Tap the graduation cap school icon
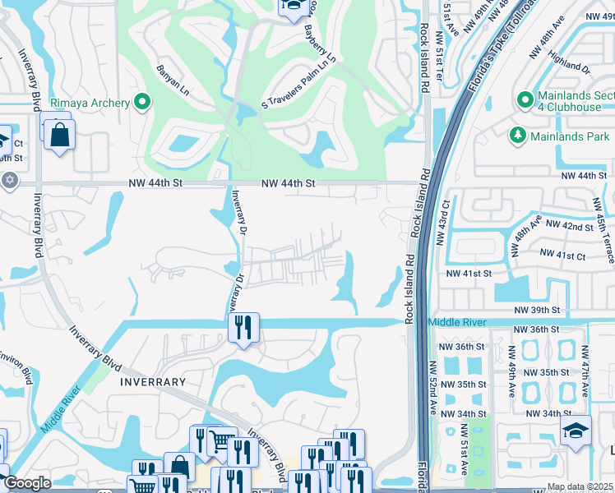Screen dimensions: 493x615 (x=576, y=431)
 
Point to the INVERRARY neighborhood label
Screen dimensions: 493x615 (x=152, y=383)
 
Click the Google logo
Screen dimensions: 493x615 (x=27, y=484)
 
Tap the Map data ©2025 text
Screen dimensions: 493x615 (x=580, y=487)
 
